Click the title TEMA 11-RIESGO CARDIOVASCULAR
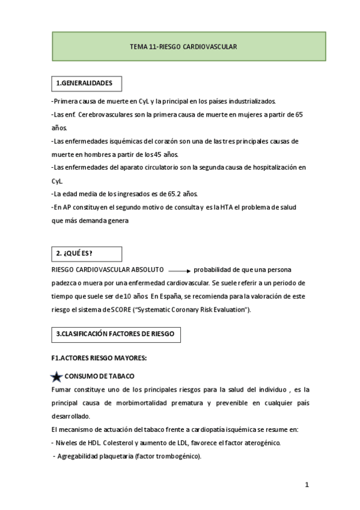(184, 46)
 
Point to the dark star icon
(56, 376)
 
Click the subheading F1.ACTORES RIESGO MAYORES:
(100, 358)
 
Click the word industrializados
(246, 100)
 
